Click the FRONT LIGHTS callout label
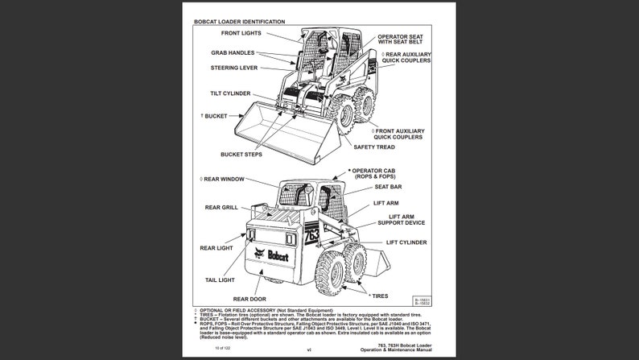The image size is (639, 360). coord(241,33)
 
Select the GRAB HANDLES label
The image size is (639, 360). coord(233,53)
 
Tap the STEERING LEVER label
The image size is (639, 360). coord(234,68)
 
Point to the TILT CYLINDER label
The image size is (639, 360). coord(230,93)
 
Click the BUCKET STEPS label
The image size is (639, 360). coord(242,154)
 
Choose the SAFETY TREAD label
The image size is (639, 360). coord(373,147)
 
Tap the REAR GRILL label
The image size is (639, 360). coord(221,207)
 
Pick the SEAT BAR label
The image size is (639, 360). coord(388,187)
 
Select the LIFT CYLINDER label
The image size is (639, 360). coord(406,242)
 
